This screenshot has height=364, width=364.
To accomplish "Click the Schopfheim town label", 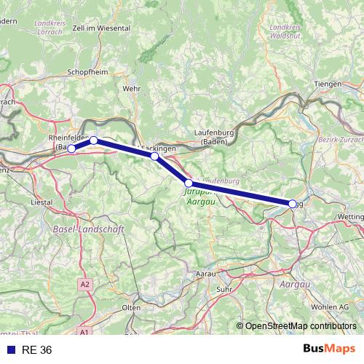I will click(88, 72).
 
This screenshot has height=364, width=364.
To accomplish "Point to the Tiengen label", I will click(327, 84).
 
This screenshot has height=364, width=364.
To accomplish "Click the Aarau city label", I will click(206, 273).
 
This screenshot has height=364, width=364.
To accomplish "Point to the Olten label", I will click(132, 308).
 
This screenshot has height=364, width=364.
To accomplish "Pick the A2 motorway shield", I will click(87, 284).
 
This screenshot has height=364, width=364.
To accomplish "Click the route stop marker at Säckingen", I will click(154, 157).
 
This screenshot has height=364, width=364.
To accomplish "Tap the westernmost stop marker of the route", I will click(71, 149).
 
